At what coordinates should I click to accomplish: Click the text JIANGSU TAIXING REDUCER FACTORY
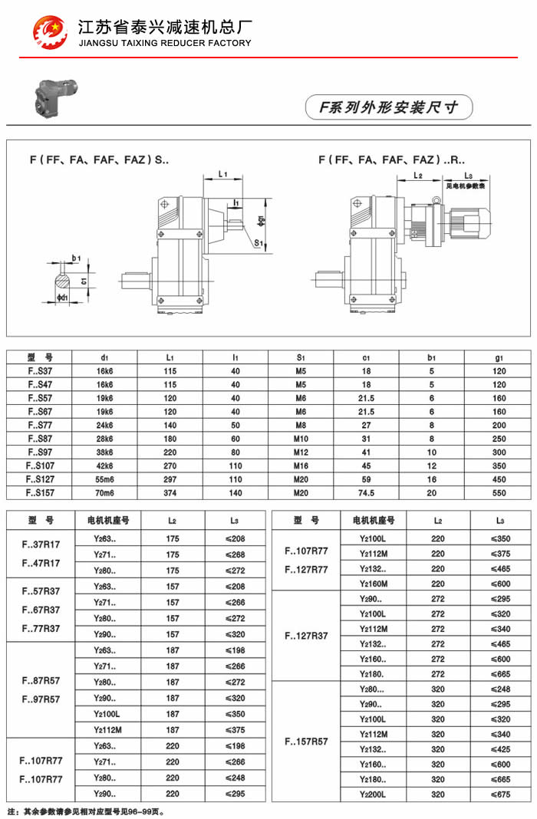coord(165,43)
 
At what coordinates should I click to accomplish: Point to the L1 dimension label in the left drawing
coord(222,175)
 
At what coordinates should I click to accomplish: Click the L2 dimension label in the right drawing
coord(418,176)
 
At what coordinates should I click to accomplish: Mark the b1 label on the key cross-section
coord(76,258)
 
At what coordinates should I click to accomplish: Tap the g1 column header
coord(499,357)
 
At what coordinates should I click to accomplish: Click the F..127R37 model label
coord(306,636)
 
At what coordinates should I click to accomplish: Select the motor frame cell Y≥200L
coord(374,794)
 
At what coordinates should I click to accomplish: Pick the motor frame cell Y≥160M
coord(374,584)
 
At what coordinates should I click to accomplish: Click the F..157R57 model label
coord(306,742)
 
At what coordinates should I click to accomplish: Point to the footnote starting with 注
coord(85,811)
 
